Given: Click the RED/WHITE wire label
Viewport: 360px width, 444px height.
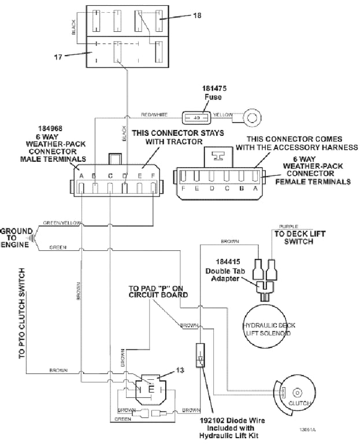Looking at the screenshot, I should coord(154,114).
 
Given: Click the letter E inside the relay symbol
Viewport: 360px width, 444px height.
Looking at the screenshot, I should coord(151,388).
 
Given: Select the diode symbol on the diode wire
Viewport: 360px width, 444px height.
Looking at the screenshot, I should coord(200,358).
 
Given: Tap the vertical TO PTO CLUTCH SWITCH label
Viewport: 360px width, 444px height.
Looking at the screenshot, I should coord(22,313).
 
